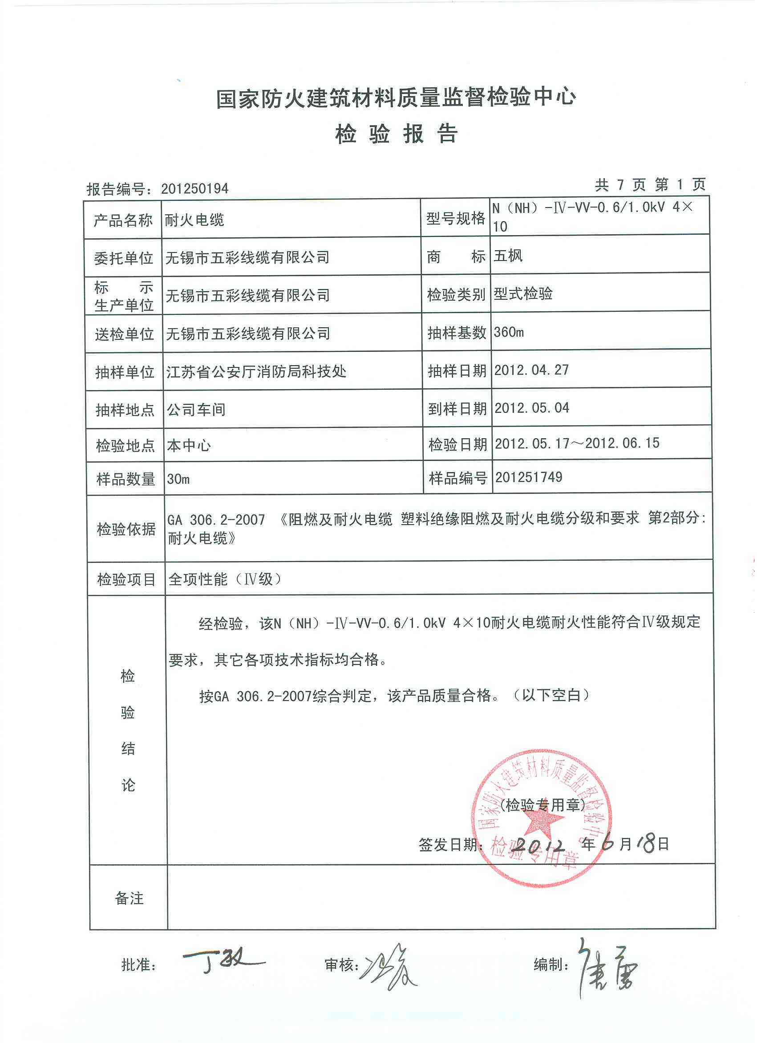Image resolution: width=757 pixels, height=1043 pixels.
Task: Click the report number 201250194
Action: click(x=195, y=188)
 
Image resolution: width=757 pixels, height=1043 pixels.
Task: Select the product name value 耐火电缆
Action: click(x=195, y=220)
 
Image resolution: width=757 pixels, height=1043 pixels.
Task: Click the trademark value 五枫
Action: click(x=508, y=256)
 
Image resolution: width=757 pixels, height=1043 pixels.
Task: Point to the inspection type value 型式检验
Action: click(x=523, y=294)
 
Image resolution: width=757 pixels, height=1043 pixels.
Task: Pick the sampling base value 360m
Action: click(x=508, y=332)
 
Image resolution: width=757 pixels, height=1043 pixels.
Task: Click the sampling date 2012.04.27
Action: click(x=531, y=370)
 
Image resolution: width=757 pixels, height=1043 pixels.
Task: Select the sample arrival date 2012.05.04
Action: click(x=532, y=407)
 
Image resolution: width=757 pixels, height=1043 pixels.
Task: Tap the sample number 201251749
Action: click(x=529, y=477)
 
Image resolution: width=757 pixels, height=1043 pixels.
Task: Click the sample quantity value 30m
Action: click(x=179, y=479)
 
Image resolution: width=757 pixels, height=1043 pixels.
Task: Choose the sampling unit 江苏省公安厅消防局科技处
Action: click(x=256, y=371)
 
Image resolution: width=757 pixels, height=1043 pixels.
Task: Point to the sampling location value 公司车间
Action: click(x=196, y=409)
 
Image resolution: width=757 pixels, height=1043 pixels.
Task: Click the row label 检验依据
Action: click(x=126, y=530)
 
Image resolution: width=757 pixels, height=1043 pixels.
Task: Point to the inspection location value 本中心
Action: click(x=189, y=445)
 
